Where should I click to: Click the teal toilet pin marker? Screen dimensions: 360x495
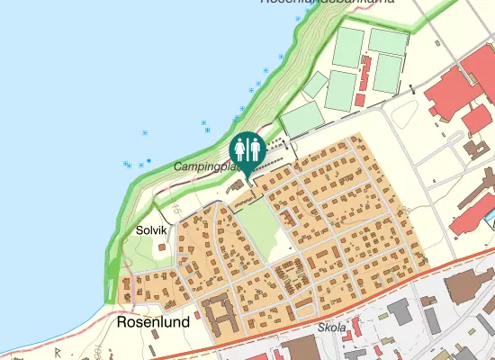(247, 148)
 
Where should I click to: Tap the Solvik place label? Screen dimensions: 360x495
(151, 230)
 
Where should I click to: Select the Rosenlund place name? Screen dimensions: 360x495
(152, 319)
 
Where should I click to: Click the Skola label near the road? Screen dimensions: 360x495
(332, 328)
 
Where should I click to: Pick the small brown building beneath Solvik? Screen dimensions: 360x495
(161, 247)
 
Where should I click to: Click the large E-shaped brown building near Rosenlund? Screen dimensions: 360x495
(220, 316)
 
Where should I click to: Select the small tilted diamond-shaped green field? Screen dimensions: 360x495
(315, 85)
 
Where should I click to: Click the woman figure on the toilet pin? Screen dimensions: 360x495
(253, 147)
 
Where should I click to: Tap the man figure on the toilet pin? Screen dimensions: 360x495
(241, 147)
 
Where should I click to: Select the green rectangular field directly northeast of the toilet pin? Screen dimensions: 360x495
(302, 120)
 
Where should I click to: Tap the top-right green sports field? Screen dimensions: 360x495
(388, 41)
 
